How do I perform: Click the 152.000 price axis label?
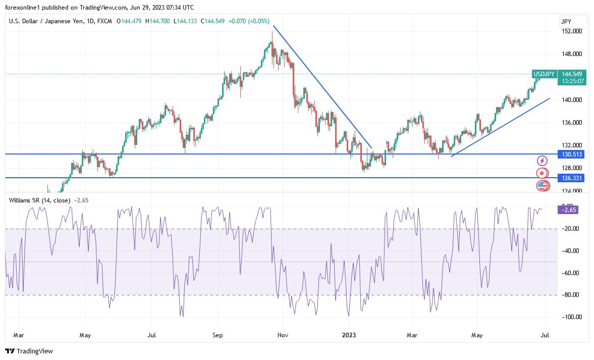point(572,31)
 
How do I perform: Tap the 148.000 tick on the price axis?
point(572,54)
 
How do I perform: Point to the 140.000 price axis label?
point(572,100)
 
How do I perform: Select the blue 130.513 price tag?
point(572,154)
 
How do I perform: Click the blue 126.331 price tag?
point(572,178)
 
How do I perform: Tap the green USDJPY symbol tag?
point(544,74)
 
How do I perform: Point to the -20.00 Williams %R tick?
point(571,229)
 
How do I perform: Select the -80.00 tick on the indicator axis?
point(571,295)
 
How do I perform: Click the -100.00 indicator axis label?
point(572,317)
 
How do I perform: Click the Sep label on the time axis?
point(218,335)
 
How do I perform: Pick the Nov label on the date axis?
point(283,335)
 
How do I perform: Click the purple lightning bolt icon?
point(542,161)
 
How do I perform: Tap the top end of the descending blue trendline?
point(274,26)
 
